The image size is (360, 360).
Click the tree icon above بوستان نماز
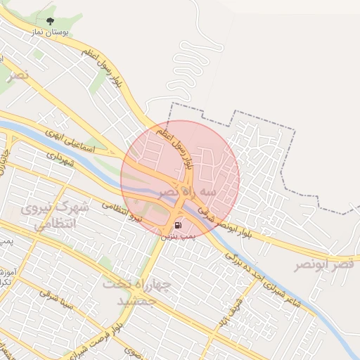[x=49, y=22]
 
